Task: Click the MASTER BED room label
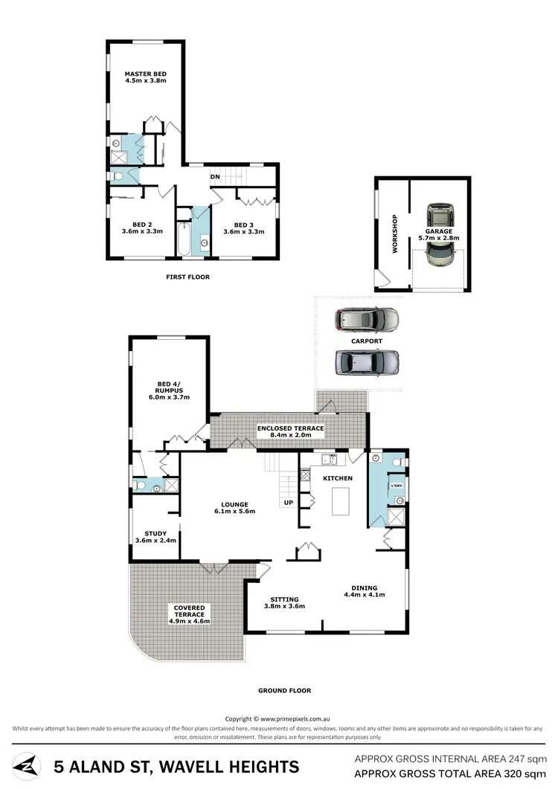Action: [x=145, y=74]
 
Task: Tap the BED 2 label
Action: [x=142, y=225]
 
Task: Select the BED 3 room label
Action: [x=244, y=225]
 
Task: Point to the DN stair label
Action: [x=215, y=177]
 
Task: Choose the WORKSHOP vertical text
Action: [x=395, y=234]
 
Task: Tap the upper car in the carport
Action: [x=367, y=319]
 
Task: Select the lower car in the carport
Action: [x=367, y=362]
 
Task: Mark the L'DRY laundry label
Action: [x=396, y=486]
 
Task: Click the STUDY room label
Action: [x=155, y=532]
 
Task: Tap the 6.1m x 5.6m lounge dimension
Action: [x=234, y=512]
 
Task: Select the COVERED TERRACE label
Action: [x=190, y=611]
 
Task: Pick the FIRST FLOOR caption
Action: [x=187, y=277]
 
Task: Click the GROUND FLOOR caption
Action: [x=284, y=690]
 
